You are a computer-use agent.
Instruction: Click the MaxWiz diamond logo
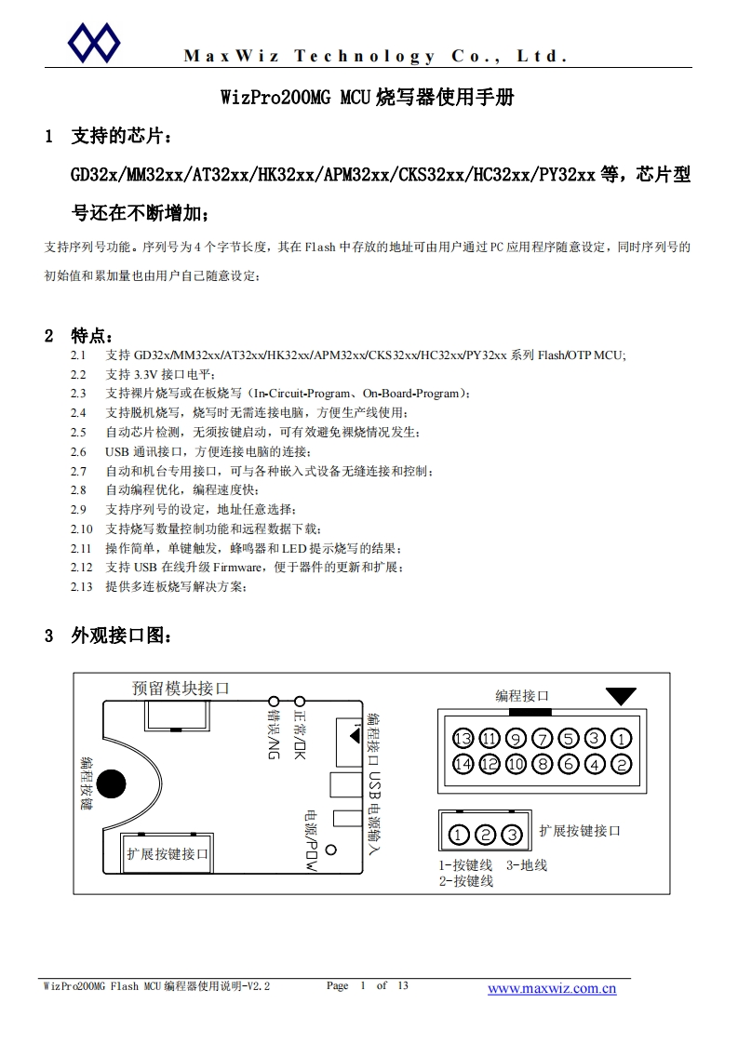coord(94,41)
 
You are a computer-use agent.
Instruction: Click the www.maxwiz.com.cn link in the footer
coord(552,988)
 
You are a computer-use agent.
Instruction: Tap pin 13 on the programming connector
coord(463,740)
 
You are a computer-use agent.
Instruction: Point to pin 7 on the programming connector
coord(543,740)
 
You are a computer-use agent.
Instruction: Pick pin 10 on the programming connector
coord(517,765)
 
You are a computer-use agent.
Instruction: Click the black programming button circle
coord(113,783)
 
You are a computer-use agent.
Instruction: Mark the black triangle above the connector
coord(621,696)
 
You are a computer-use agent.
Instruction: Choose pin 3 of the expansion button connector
coord(511,834)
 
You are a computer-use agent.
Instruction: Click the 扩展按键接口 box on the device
coord(168,853)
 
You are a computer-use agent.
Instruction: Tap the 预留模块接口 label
coord(181,689)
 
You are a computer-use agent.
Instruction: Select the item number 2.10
coord(82,529)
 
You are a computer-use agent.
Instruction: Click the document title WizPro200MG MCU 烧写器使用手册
coord(367,98)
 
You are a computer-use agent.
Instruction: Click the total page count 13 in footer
coord(402,985)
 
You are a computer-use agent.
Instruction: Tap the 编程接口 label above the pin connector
coord(521,695)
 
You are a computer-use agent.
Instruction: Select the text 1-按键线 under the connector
coord(465,865)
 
